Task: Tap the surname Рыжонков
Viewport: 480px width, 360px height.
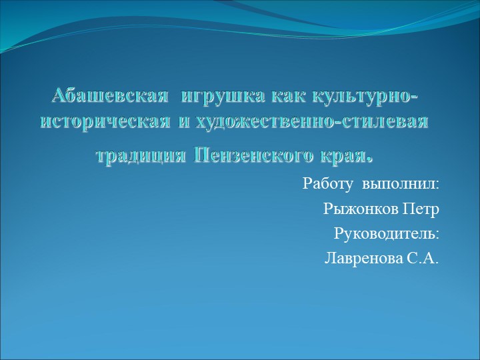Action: [361, 209]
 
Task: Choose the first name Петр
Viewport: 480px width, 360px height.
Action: [421, 209]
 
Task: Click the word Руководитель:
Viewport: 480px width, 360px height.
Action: [386, 234]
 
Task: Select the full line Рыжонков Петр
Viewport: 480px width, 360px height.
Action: [381, 209]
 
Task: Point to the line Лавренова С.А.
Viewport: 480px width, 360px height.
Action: [382, 259]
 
